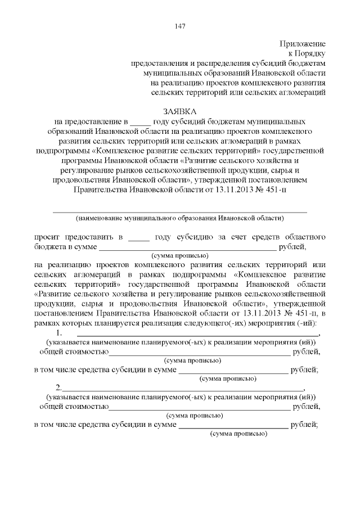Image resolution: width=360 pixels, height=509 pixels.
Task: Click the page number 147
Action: [x=180, y=26]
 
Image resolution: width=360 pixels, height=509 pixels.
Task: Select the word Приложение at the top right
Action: [x=303, y=43]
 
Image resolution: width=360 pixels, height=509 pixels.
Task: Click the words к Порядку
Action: [x=308, y=53]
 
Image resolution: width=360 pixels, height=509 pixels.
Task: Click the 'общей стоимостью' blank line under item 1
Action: [x=199, y=353]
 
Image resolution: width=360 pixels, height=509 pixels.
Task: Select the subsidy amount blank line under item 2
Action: [x=233, y=426]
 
